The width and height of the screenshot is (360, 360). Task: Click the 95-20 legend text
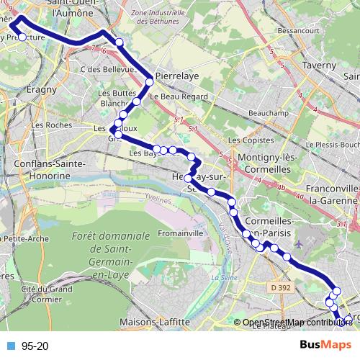pos(35,346)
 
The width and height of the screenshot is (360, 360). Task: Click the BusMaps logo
pos(327,346)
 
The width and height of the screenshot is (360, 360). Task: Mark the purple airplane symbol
pos(300,244)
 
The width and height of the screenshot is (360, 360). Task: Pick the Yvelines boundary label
pos(156,195)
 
